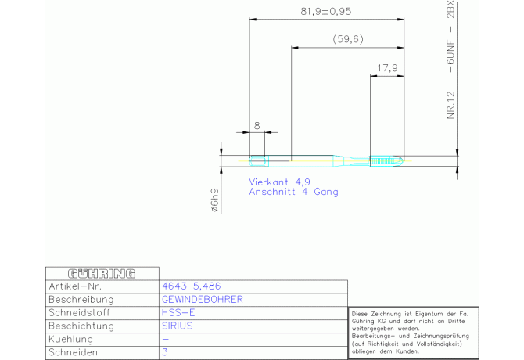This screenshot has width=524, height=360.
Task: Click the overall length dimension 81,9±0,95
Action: pyautogui.click(x=326, y=12)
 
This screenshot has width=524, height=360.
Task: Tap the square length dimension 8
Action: pyautogui.click(x=257, y=124)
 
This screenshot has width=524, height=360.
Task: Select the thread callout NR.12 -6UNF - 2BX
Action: pyautogui.click(x=451, y=59)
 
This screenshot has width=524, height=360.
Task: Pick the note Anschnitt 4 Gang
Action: pyautogui.click(x=293, y=191)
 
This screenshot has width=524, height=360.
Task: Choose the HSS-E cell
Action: pyautogui.click(x=173, y=313)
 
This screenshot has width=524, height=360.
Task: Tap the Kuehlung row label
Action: pyautogui.click(x=71, y=340)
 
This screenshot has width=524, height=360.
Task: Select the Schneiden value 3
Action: pyautogui.click(x=164, y=353)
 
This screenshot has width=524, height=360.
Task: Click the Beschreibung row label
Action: pyautogui.click(x=81, y=300)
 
